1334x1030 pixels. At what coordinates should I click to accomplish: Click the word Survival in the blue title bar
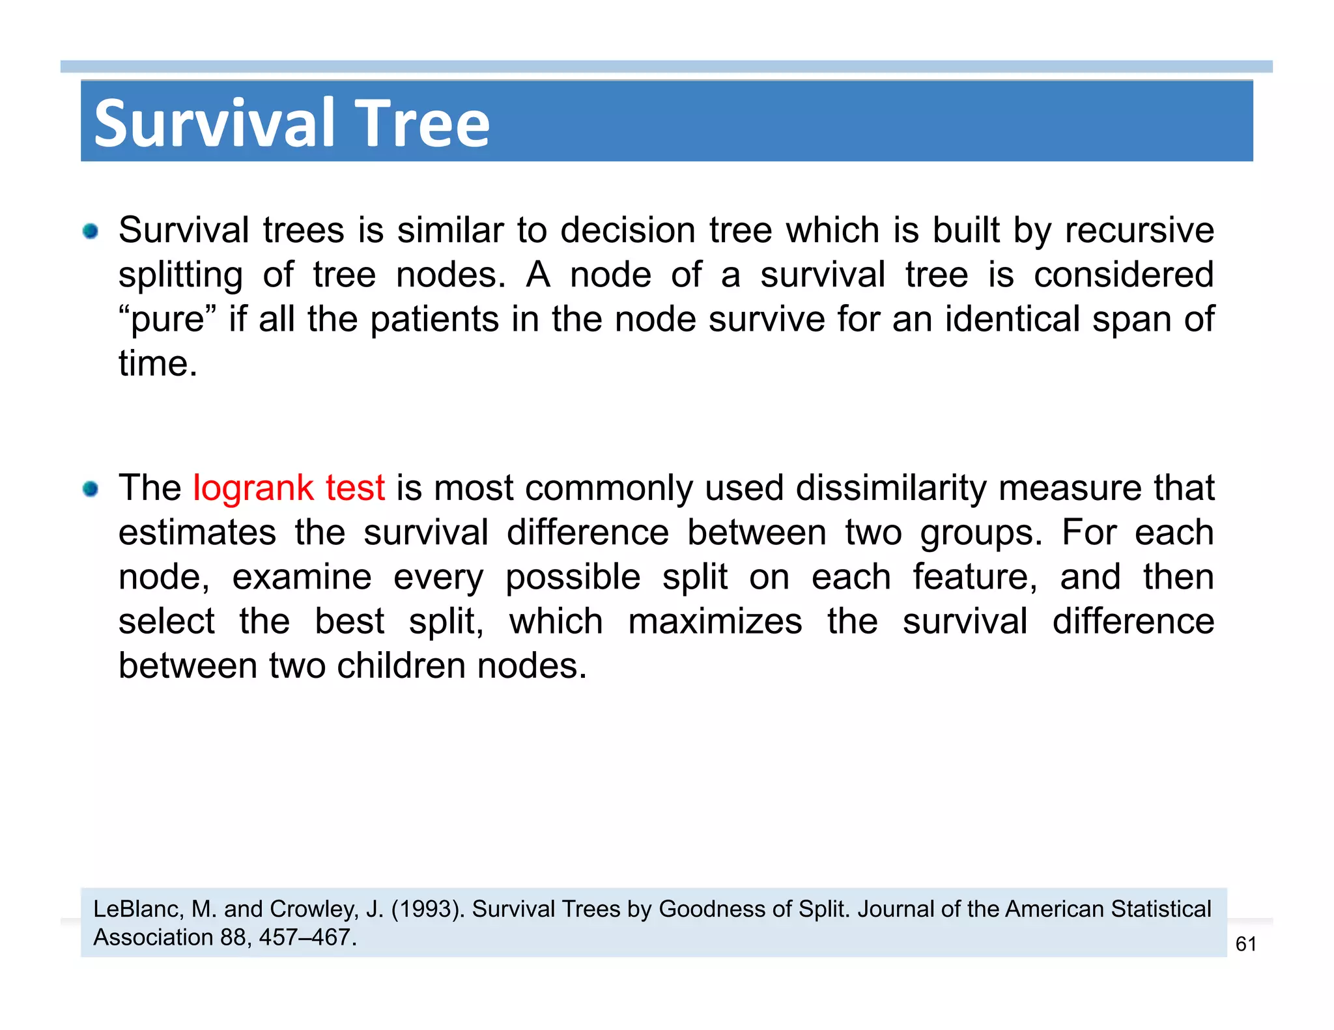click(x=214, y=123)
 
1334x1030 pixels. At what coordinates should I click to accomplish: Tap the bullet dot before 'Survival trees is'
click(x=91, y=231)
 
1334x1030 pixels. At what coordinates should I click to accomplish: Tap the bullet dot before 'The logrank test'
click(x=91, y=489)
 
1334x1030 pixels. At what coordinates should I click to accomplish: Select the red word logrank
click(x=253, y=488)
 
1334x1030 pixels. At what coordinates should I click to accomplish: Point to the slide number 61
click(x=1245, y=944)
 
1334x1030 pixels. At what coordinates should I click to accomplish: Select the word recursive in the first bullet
click(x=1139, y=230)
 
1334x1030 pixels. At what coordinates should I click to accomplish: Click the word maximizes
click(x=715, y=621)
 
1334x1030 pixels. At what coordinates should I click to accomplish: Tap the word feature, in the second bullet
click(x=974, y=577)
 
